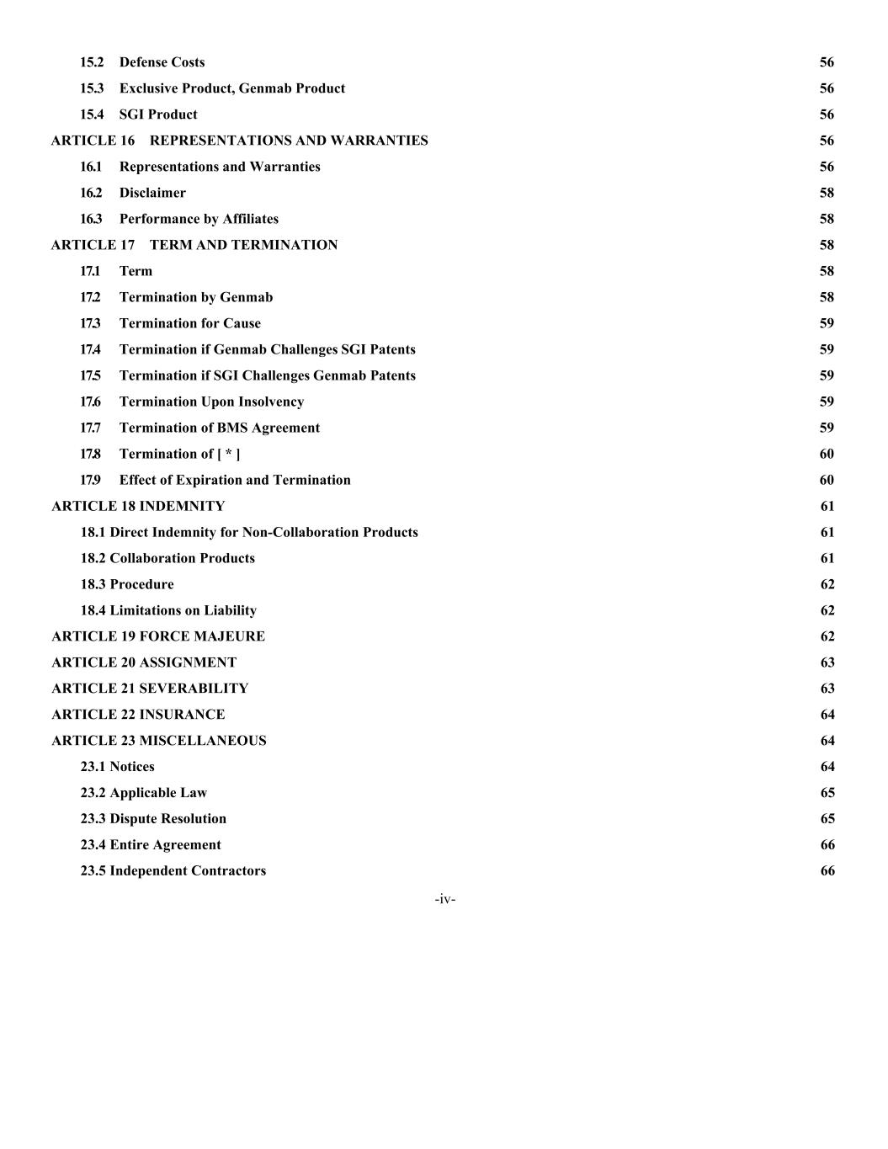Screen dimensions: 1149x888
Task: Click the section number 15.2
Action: [92, 62]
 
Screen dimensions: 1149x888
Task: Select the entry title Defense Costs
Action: [162, 62]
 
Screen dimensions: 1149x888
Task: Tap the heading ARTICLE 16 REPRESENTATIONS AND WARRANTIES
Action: [239, 141]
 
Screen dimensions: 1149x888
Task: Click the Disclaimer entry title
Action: [152, 193]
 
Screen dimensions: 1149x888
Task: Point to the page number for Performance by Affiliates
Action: [827, 219]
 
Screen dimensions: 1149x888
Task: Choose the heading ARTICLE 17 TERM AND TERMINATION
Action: [194, 245]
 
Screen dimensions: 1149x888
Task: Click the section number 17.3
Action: [90, 323]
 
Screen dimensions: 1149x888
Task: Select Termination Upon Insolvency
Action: [211, 402]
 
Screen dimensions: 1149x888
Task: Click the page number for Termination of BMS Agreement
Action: [827, 428]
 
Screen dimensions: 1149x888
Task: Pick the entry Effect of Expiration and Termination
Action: [235, 480]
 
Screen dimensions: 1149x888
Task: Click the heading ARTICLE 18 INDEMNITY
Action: [138, 506]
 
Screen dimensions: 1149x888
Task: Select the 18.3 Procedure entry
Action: [127, 584]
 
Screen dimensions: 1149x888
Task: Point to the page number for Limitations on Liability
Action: [827, 610]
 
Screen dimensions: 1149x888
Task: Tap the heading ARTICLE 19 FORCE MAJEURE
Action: [158, 636]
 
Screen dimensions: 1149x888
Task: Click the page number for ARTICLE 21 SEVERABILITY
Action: [827, 689]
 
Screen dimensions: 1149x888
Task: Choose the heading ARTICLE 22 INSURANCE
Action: [138, 715]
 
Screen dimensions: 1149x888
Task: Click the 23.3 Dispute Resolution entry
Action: [153, 819]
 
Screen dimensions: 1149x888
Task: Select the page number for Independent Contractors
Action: [827, 871]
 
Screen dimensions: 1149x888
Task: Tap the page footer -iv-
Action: [445, 900]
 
